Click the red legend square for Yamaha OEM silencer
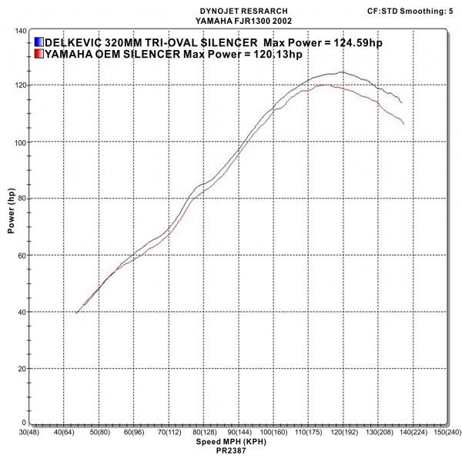pos(38,54)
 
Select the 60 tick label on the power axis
pos(22,255)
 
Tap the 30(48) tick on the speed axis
pos(28,433)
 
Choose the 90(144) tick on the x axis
pos(236,433)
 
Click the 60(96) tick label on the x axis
pos(132,433)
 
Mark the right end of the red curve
pos(403,124)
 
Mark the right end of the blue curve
pos(401,102)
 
